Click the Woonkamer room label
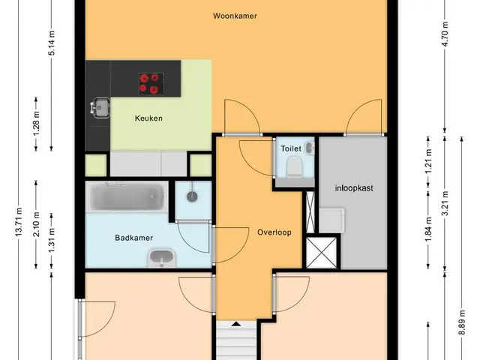point(235,16)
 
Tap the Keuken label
point(148,118)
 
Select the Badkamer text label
point(133,238)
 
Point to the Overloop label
point(274,232)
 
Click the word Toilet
point(291,148)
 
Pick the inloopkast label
point(354,188)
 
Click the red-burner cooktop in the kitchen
point(151,83)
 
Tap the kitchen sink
point(100,107)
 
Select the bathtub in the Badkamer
point(127,196)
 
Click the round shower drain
point(192,196)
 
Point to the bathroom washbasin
point(162,258)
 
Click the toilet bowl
point(295,166)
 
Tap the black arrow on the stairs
point(235,323)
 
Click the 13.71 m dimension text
point(19,222)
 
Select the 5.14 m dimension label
point(52,43)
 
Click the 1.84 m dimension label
point(428,229)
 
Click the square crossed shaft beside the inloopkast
point(322,253)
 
